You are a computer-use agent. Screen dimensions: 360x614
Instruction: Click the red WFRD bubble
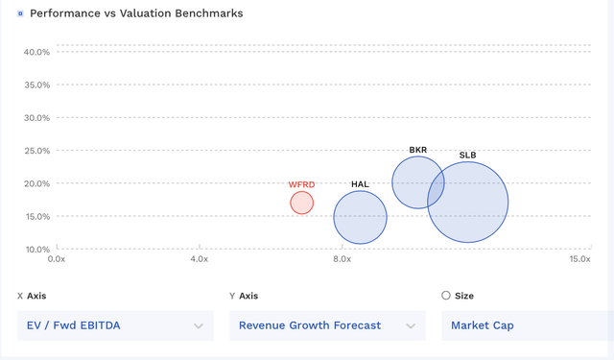(301, 203)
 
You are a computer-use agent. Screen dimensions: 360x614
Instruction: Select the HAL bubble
(360, 218)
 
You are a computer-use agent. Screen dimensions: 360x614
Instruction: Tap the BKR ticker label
(418, 150)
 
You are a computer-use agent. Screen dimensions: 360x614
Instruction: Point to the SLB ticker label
(468, 156)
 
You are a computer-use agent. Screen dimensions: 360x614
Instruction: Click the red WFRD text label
(301, 184)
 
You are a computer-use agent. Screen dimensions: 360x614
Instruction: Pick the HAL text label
(360, 184)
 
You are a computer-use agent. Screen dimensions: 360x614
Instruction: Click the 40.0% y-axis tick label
(36, 52)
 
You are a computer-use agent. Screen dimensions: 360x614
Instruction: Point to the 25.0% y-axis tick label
(36, 151)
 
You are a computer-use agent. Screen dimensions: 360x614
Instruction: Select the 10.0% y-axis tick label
(36, 250)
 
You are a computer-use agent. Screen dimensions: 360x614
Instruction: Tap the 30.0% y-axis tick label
(36, 118)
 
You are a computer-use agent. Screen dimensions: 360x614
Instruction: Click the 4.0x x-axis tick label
(199, 259)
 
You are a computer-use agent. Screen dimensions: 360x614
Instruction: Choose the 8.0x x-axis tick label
(342, 259)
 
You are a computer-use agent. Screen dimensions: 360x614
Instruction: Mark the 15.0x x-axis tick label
(579, 259)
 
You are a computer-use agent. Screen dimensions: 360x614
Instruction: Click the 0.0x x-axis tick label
(57, 259)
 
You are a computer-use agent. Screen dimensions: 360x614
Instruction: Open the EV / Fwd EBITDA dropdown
(114, 325)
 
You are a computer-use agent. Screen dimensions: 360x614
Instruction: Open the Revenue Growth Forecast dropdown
(326, 325)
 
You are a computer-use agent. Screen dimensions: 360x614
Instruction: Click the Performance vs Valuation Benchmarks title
(136, 14)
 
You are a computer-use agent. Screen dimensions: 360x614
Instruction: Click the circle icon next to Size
(446, 296)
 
